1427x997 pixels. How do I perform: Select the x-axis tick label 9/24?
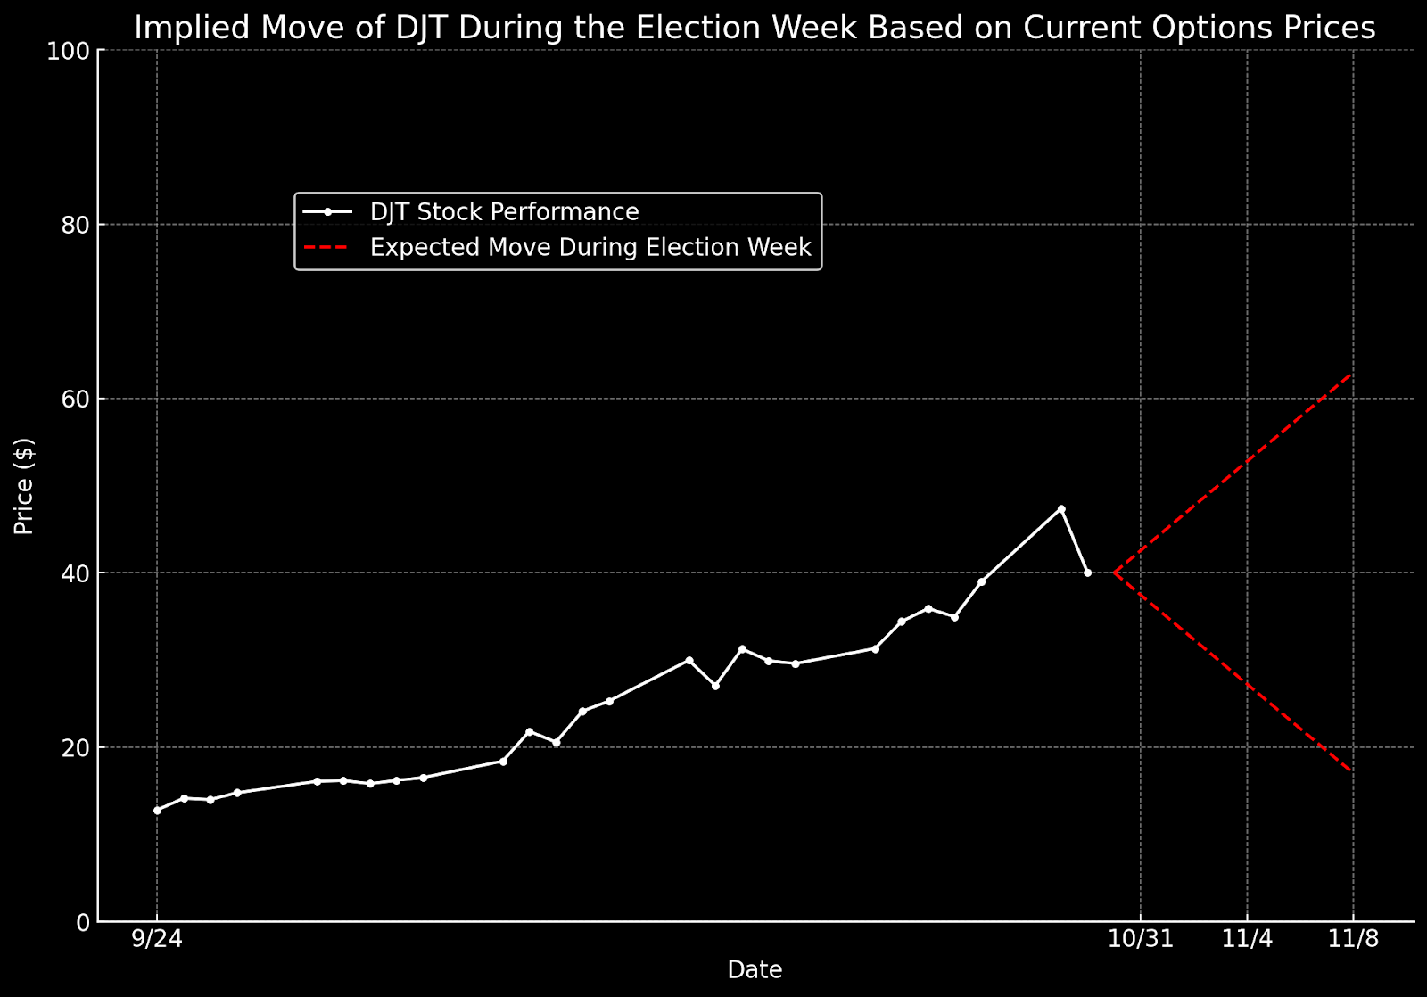[157, 940]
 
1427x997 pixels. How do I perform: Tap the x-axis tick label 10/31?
[1140, 940]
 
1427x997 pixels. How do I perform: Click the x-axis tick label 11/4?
[1246, 940]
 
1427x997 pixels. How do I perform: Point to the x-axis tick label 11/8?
[1353, 940]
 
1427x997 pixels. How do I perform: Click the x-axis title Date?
[755, 970]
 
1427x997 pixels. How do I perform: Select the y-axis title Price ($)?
[25, 486]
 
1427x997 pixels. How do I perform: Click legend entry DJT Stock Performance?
[504, 212]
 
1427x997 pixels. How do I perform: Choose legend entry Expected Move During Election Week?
[590, 247]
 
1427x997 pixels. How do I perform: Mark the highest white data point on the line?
[1060, 508]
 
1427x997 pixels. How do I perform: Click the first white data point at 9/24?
[157, 810]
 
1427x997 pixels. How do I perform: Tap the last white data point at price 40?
[1087, 573]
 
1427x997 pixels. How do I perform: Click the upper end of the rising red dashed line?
[1353, 375]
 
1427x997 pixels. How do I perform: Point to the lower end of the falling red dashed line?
[1353, 771]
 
